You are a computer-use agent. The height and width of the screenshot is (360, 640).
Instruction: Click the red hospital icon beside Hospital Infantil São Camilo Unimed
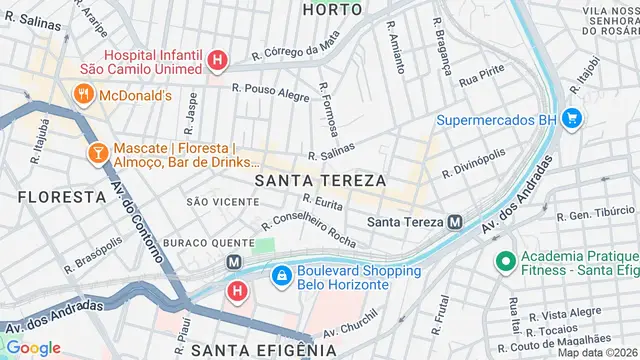click(217, 61)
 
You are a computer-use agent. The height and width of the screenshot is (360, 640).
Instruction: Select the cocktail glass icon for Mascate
click(98, 153)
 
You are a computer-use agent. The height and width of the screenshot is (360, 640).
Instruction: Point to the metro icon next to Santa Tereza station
click(455, 222)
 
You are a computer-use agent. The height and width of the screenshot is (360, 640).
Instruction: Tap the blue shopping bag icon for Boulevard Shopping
click(282, 273)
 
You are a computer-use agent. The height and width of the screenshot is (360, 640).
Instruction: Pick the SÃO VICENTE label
click(210, 202)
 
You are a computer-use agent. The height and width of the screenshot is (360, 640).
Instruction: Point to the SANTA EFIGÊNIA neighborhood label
click(264, 350)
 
